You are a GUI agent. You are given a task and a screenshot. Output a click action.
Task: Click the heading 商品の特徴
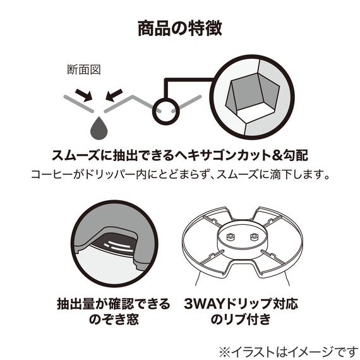[x=180, y=28]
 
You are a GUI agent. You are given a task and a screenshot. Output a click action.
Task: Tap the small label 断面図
[x=84, y=69]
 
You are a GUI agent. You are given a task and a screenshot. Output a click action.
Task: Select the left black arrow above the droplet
[x=84, y=95]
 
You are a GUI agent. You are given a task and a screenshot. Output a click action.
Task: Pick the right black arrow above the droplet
[x=114, y=95]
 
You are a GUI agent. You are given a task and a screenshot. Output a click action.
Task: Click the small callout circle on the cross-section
[x=165, y=111]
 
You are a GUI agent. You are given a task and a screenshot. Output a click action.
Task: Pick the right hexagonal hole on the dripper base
[x=254, y=237]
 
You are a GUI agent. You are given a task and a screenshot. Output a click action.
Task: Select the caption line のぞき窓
[x=114, y=319]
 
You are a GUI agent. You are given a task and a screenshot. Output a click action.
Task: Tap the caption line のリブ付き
[x=241, y=319]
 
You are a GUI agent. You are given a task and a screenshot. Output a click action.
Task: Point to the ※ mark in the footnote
[x=225, y=352]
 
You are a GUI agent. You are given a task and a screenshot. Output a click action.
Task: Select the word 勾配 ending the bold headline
[x=297, y=155]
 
